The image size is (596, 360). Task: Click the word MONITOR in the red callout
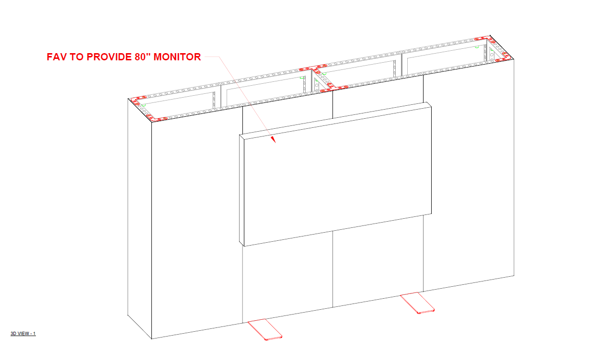(x=175, y=57)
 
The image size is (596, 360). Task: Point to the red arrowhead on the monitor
(x=274, y=140)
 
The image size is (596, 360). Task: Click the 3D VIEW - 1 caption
(x=23, y=334)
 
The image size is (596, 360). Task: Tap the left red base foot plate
(x=265, y=330)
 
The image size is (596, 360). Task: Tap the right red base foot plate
(x=418, y=303)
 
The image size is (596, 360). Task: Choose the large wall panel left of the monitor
(x=196, y=225)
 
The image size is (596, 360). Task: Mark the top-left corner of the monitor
(x=239, y=135)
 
